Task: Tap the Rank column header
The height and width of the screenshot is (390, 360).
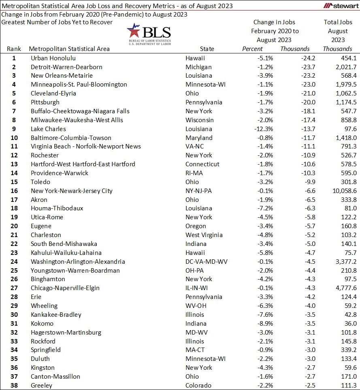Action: (14, 49)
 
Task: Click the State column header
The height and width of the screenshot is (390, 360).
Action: (207, 49)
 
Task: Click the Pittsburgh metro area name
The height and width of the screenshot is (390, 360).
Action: (45, 102)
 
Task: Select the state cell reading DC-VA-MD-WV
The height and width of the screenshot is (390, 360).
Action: (207, 262)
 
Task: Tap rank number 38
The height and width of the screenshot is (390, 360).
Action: (14, 386)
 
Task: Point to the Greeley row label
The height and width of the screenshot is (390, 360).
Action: (41, 386)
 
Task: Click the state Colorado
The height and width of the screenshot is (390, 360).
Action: (198, 386)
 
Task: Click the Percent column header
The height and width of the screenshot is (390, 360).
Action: (252, 49)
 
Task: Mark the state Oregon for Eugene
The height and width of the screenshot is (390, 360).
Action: (196, 226)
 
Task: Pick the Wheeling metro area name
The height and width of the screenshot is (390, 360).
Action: (44, 306)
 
